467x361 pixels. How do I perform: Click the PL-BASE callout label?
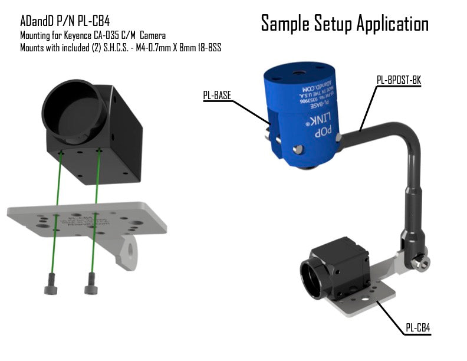coord(217,95)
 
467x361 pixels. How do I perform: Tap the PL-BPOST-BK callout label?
coord(399,78)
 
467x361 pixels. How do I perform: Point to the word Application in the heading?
coord(392,24)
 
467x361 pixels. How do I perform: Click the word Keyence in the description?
coord(78,36)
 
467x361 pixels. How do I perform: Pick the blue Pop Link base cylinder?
coord(301,112)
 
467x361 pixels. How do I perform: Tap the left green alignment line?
coord(56,212)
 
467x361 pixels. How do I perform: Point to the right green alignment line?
coord(94,212)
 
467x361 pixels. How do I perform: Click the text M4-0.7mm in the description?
coord(137,47)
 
